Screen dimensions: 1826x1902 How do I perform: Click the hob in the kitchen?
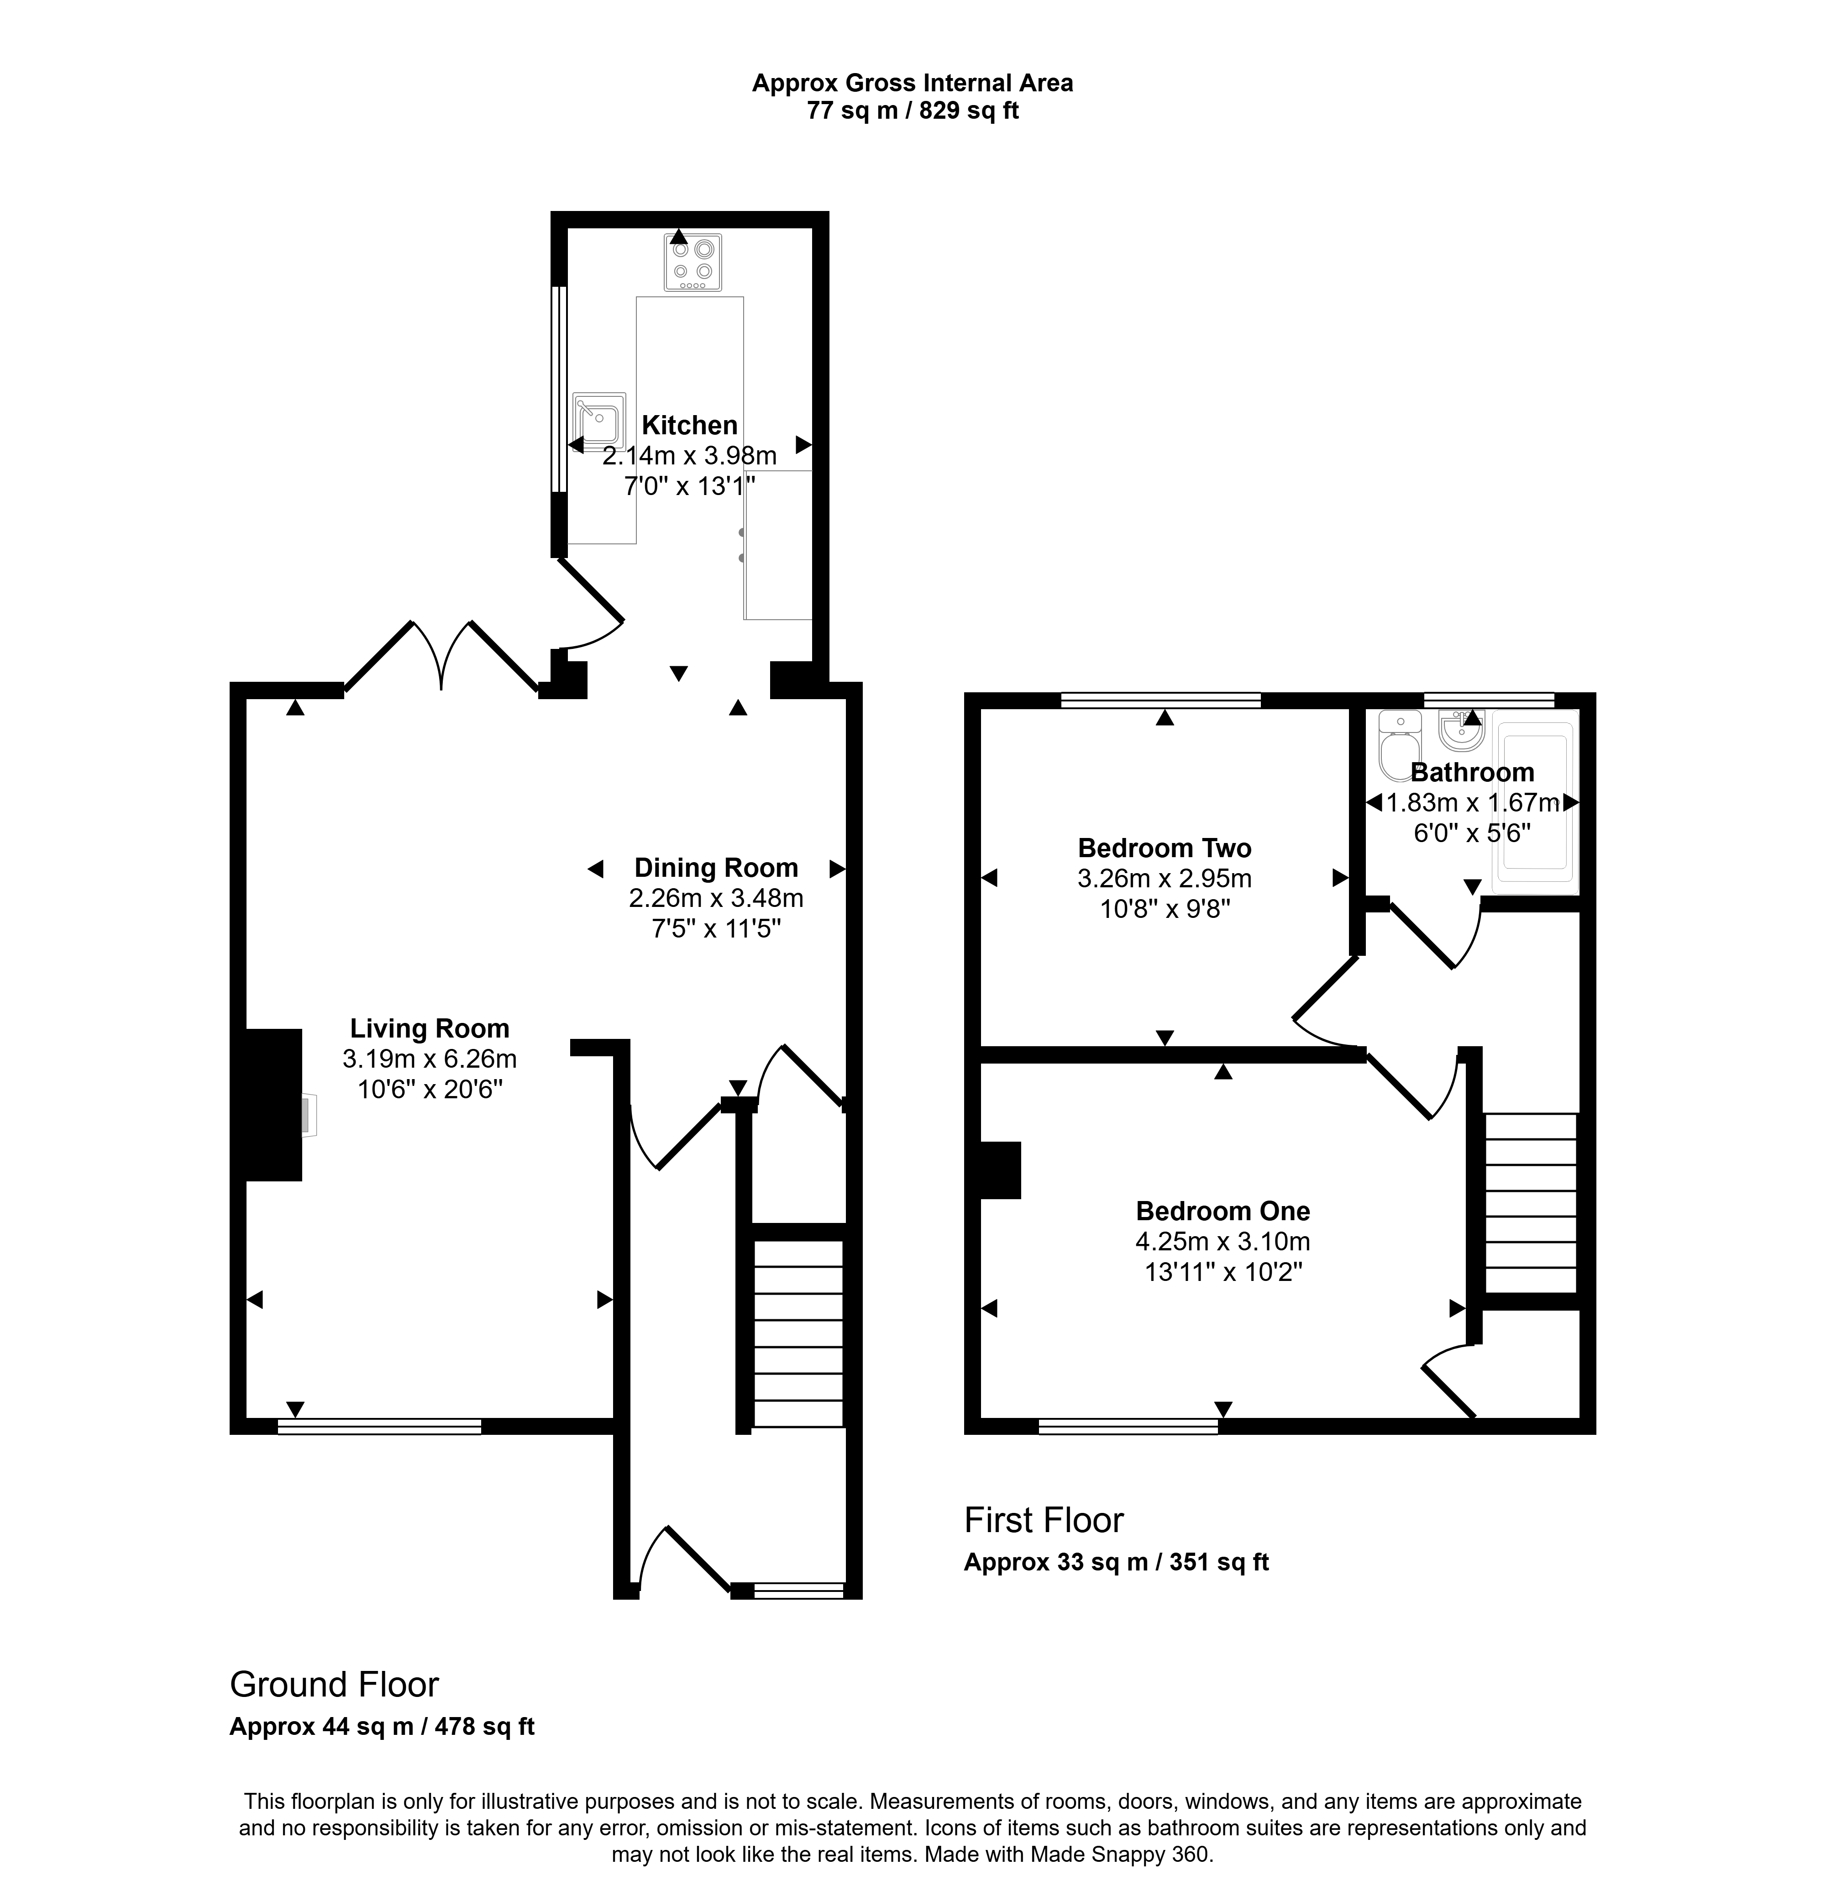[693, 262]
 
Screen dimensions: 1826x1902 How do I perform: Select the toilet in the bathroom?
[1399, 745]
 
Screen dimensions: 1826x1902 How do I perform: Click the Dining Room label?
[716, 868]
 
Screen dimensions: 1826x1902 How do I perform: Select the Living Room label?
[430, 1028]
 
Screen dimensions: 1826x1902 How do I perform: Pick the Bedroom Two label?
[1164, 848]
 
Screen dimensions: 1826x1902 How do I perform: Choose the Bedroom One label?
[1223, 1211]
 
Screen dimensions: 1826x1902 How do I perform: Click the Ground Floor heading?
[334, 1685]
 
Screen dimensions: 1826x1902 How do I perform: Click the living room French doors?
[441, 655]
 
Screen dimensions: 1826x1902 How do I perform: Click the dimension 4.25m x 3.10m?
[1223, 1241]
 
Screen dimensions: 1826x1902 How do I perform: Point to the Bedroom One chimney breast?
[1000, 1170]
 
